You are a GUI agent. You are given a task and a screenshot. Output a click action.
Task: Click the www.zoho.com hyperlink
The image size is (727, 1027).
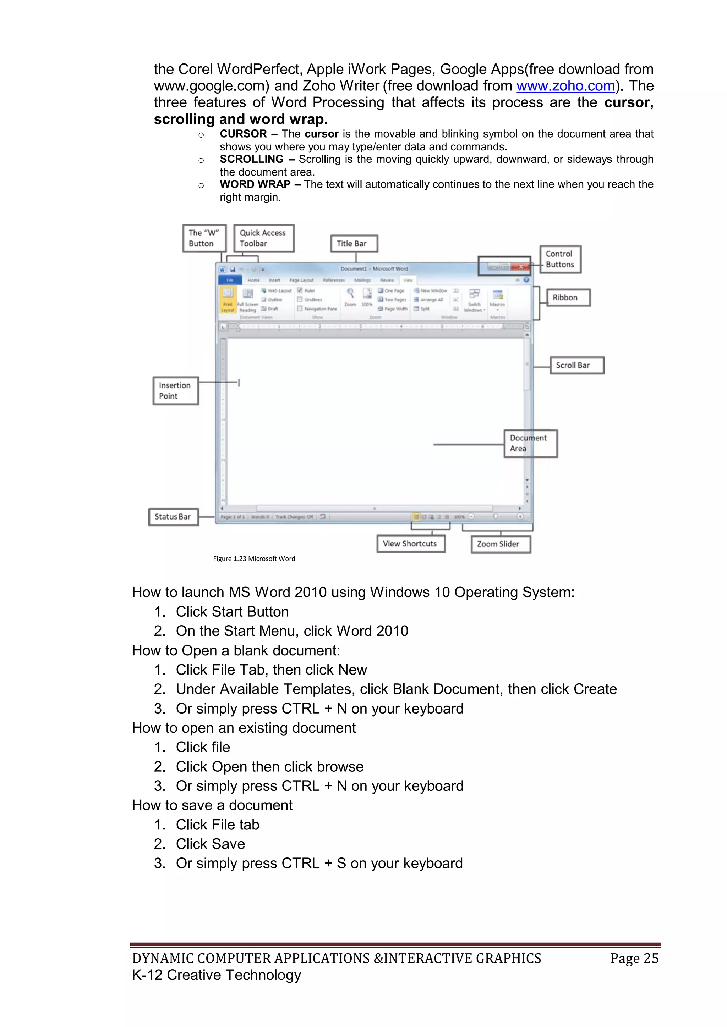tap(565, 86)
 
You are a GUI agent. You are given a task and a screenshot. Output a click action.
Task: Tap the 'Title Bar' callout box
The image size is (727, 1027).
tap(354, 244)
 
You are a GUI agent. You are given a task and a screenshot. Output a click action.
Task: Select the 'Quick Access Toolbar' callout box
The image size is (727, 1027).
tap(264, 238)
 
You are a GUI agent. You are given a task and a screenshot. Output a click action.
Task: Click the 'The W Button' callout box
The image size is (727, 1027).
tap(204, 238)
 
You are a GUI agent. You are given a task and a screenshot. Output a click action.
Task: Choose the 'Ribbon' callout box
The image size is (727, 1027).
tap(568, 298)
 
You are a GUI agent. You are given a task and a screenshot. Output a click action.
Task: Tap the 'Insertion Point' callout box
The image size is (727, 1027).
tap(175, 391)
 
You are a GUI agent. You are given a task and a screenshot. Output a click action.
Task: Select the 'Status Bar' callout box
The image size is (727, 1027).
tap(173, 517)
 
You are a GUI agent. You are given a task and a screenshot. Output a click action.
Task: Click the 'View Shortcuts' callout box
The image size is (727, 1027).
tap(410, 544)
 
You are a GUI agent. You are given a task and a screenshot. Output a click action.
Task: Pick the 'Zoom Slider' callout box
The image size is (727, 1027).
tap(501, 544)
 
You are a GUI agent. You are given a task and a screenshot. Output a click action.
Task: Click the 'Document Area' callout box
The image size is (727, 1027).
tap(530, 444)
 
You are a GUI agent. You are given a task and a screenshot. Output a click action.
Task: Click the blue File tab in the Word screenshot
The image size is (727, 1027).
tap(230, 280)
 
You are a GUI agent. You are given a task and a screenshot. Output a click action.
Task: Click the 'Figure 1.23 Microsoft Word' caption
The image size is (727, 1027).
tap(254, 559)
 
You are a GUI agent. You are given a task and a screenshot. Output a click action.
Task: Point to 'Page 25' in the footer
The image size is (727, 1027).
tap(634, 958)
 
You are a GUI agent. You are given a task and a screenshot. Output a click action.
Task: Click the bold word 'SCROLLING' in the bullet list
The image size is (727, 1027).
tap(252, 159)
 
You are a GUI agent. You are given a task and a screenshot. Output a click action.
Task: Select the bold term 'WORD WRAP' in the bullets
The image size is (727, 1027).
tap(255, 184)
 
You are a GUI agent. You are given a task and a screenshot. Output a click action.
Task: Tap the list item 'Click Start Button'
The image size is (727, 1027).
tap(232, 611)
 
